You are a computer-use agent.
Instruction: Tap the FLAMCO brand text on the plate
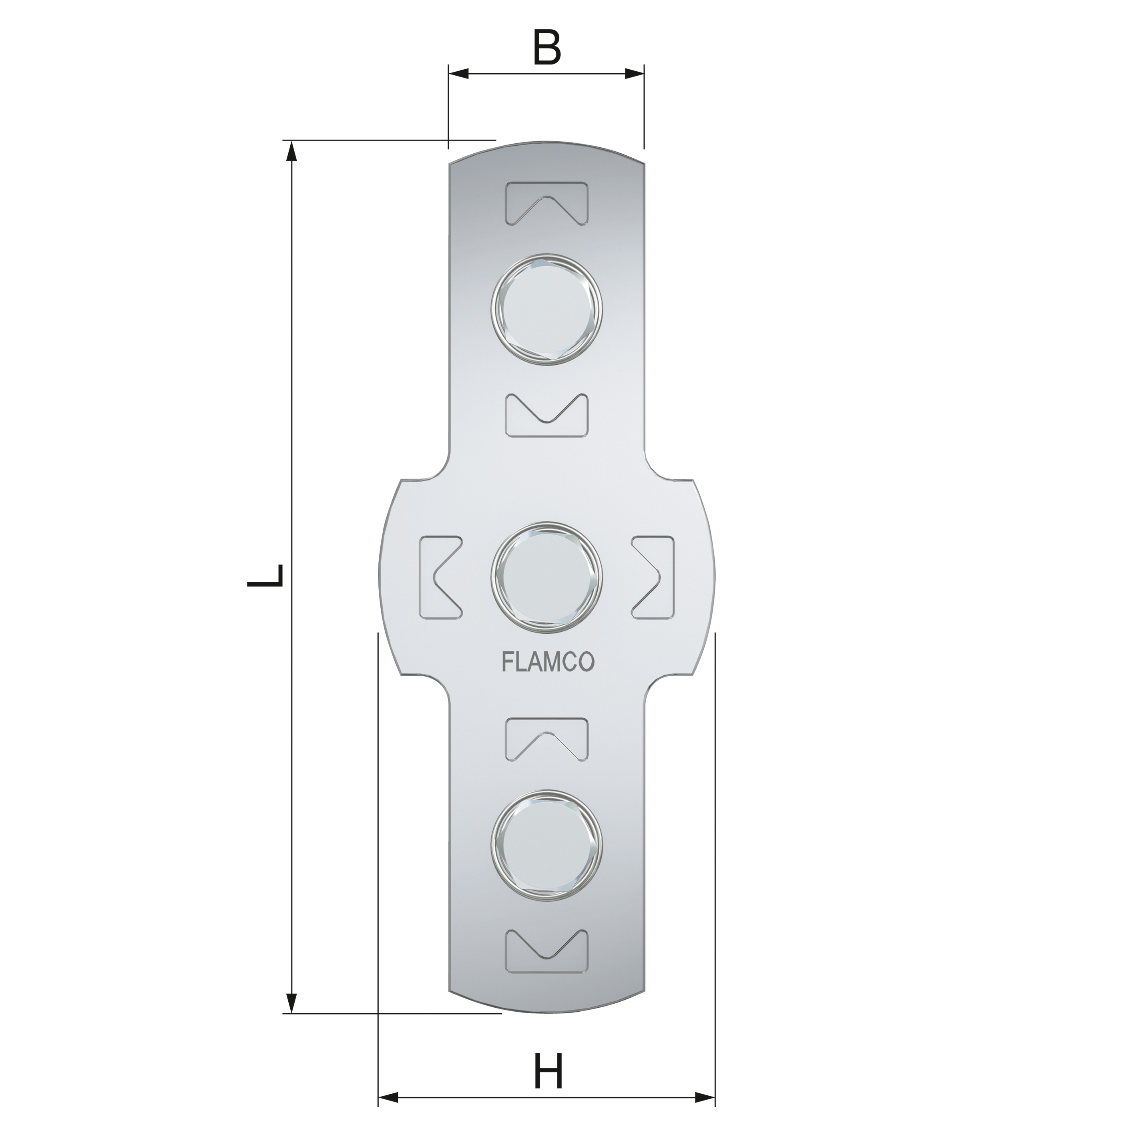pos(547,663)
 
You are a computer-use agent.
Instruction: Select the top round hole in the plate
pos(546,309)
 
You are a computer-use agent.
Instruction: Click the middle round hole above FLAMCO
pos(546,576)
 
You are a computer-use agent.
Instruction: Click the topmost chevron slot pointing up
pos(546,204)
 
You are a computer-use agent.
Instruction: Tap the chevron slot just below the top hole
pos(546,416)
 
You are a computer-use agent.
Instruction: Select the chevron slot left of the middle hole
pos(440,576)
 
